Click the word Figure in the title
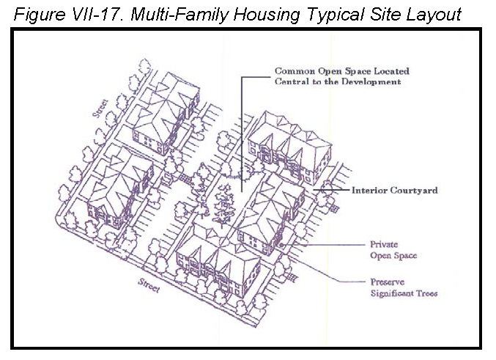[40, 15]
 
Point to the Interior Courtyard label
[395, 191]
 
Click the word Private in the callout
[384, 244]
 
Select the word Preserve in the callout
[387, 282]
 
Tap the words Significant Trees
[404, 293]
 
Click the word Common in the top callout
[295, 71]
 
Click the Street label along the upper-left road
[100, 109]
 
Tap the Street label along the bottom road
[149, 285]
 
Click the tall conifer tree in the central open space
[224, 205]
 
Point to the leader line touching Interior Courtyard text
[332, 190]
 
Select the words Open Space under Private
[393, 255]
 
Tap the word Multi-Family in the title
[179, 15]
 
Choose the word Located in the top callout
[392, 71]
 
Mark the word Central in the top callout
[287, 81]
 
